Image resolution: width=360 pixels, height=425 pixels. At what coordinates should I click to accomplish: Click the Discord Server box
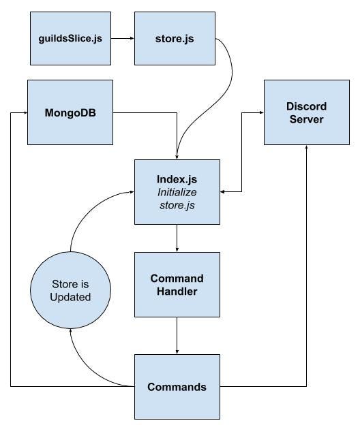point(306,112)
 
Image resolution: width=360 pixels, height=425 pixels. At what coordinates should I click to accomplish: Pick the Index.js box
point(177,191)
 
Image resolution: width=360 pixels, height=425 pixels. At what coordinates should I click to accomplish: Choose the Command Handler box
point(177,285)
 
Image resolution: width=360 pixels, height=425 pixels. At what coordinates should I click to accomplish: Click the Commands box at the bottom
point(177,386)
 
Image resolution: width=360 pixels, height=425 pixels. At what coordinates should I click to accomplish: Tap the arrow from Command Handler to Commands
point(177,335)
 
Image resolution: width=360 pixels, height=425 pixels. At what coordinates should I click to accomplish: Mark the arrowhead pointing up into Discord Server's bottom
point(306,148)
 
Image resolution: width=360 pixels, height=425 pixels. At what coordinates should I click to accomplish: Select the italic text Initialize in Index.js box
point(177,191)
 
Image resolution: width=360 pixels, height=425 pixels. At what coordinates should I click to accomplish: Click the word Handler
point(177,292)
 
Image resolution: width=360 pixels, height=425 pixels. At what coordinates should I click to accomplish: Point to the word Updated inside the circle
point(71,298)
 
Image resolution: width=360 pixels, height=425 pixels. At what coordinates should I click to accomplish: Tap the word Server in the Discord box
point(306,119)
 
